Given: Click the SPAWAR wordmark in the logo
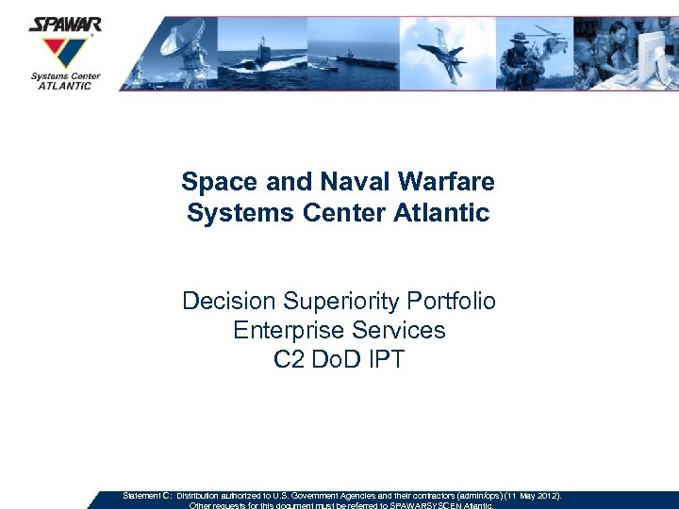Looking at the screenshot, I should [x=65, y=24].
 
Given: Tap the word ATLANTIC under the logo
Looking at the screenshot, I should [x=65, y=86].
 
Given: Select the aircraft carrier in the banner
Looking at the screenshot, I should [x=363, y=61].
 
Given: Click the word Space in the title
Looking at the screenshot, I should [x=213, y=180].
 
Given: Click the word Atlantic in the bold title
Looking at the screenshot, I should [x=443, y=212].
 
